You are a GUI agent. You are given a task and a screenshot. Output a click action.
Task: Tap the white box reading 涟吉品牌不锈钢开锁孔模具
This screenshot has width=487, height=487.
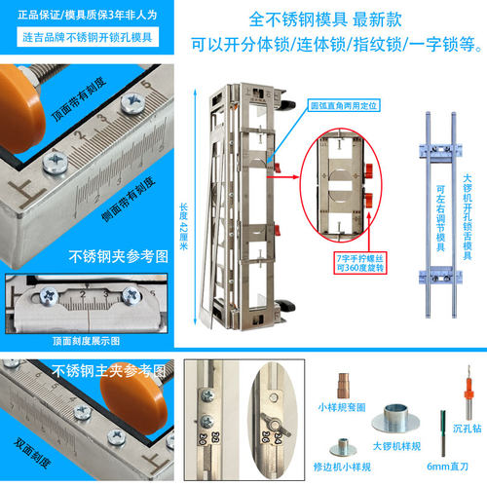88,35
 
